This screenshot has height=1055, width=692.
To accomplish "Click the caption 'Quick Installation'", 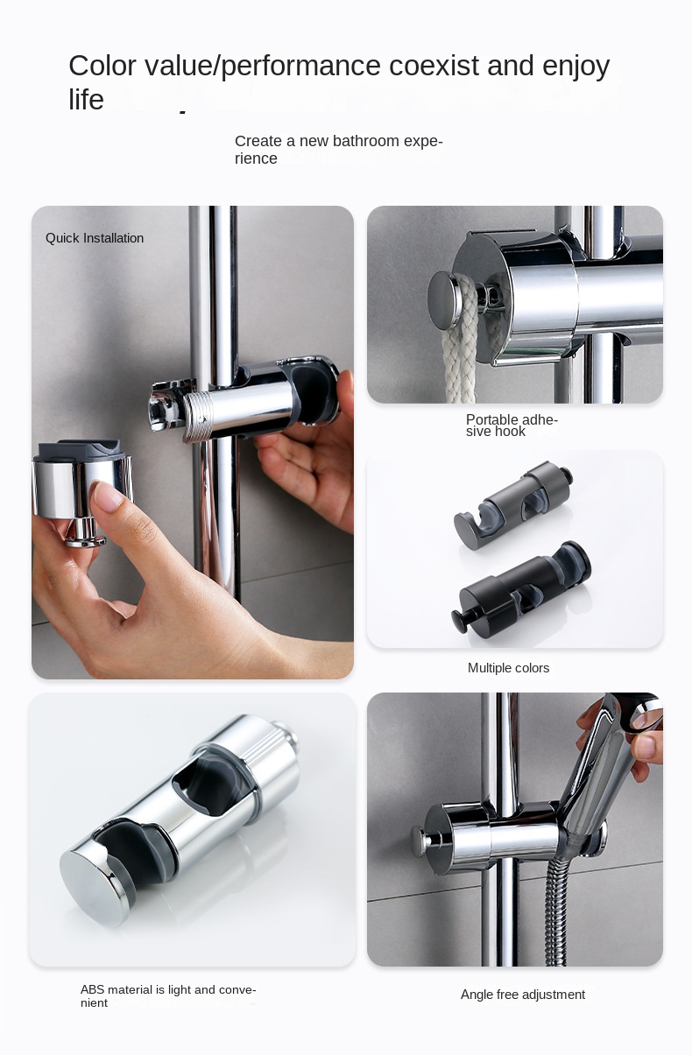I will [x=95, y=238].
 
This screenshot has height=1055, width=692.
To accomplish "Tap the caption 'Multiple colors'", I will [x=508, y=668].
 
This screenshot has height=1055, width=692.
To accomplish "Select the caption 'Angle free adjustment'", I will [x=522, y=995].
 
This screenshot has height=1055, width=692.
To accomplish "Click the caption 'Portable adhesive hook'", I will [x=511, y=426].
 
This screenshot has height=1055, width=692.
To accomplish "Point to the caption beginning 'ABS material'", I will [x=167, y=995].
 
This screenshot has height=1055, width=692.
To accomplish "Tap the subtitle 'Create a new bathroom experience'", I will [x=338, y=150].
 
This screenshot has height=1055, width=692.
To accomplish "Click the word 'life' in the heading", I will [x=86, y=101].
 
